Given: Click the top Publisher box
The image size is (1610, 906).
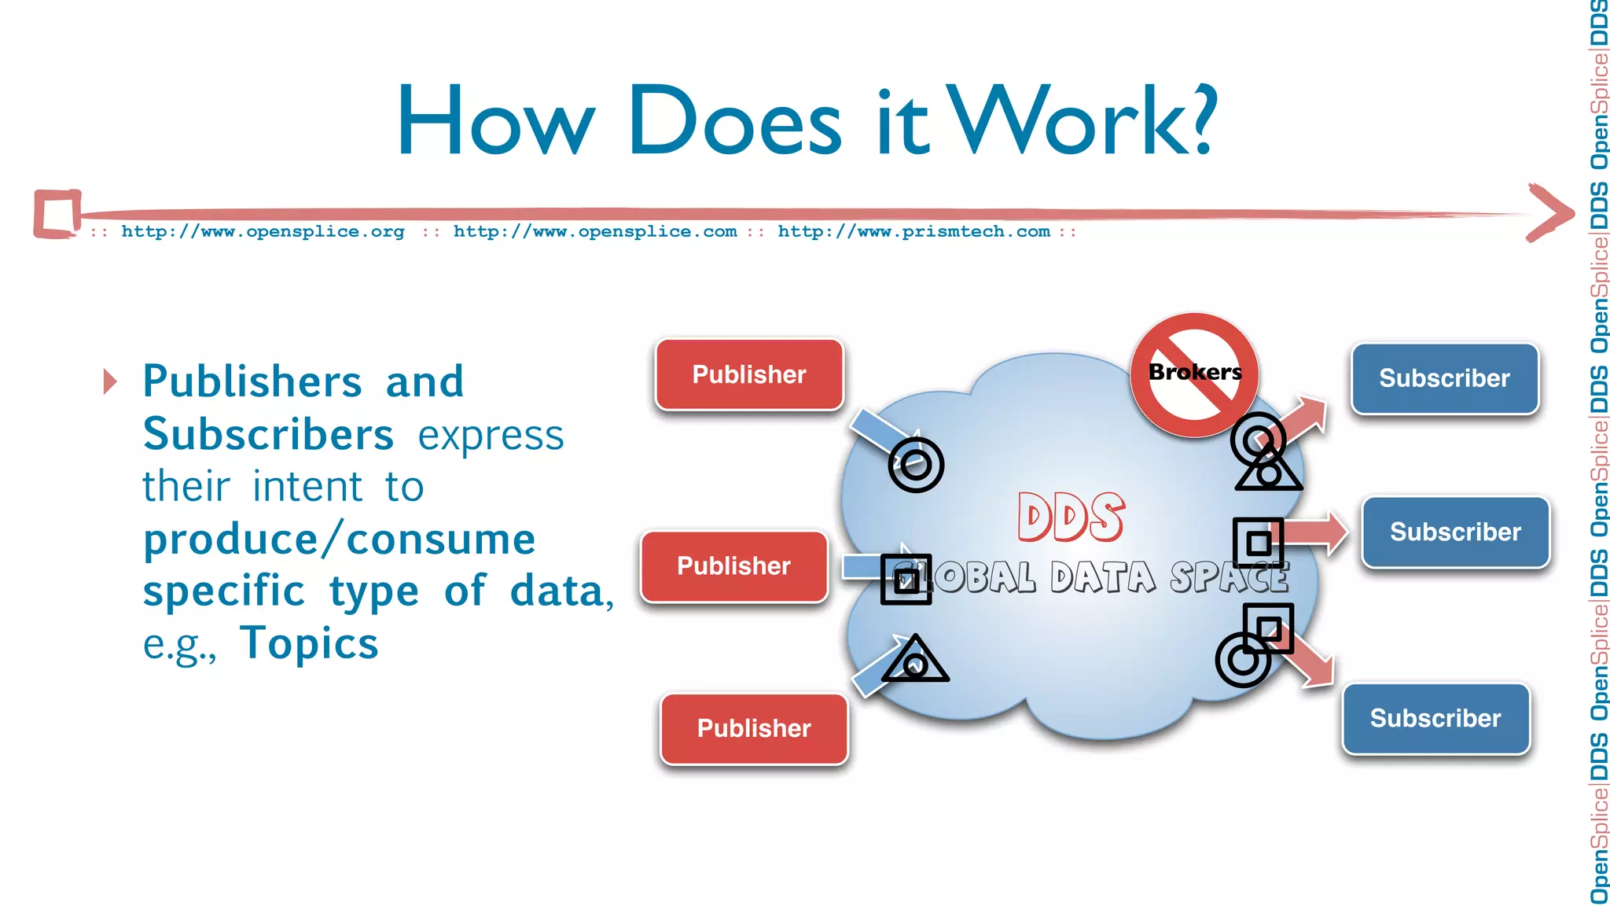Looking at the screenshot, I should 749,374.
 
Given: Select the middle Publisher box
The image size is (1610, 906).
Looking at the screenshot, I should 734,566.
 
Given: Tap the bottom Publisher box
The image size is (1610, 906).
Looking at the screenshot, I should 754,728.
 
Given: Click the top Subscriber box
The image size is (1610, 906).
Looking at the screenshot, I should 1444,378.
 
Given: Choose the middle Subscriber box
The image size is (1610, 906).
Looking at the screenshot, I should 1455,532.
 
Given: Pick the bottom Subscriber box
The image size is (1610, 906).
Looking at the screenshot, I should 1435,718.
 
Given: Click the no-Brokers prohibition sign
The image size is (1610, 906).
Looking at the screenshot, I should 1195,374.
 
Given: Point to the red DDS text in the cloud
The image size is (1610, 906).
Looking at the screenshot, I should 1071,517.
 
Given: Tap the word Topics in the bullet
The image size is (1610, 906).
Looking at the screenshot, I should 309,643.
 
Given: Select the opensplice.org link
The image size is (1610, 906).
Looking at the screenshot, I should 263,232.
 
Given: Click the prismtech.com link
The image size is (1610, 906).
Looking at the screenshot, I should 913,232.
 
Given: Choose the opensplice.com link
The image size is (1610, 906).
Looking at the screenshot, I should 595,232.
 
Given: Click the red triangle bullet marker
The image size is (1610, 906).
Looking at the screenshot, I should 110,382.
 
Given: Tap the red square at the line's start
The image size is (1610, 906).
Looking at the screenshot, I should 57,213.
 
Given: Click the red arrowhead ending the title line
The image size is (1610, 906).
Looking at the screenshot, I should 1549,212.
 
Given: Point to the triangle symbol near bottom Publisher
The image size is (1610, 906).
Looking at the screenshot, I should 914,661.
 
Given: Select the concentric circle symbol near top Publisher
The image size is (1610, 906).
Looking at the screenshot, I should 916,465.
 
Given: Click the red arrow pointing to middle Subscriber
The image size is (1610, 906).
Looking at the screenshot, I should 1316,532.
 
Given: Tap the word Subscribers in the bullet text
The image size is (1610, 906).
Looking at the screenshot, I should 268,435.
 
